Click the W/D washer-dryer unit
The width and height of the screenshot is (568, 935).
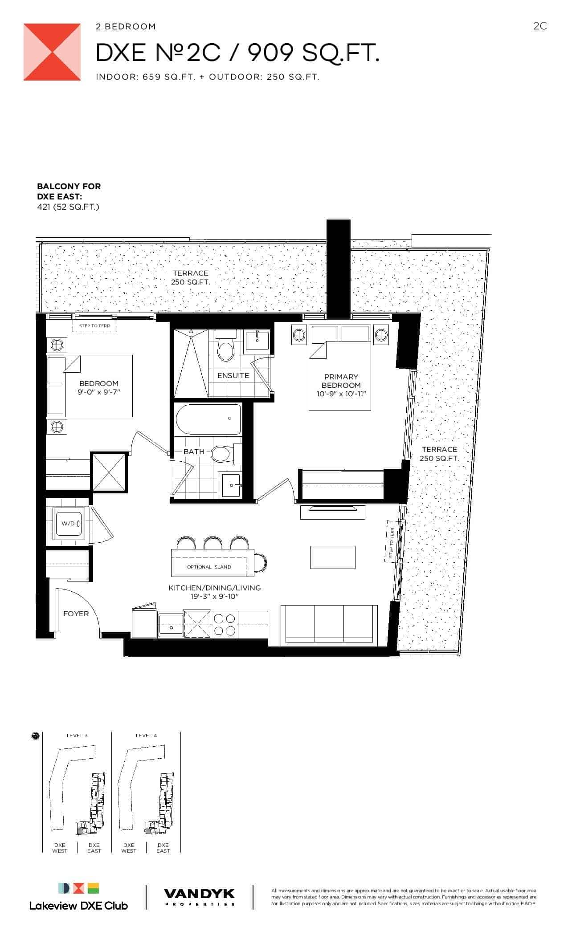tap(68, 524)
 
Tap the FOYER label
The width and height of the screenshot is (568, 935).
tap(76, 614)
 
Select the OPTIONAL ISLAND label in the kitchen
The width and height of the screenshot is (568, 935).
tap(209, 567)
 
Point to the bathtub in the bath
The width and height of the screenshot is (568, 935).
tap(208, 419)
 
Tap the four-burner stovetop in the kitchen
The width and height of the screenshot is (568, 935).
tap(225, 625)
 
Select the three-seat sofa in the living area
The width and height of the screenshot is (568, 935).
tap(329, 624)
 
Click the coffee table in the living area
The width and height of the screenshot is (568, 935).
tap(333, 557)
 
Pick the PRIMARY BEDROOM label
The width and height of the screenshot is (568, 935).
tap(341, 381)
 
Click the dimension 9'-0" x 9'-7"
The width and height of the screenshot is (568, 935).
tap(99, 392)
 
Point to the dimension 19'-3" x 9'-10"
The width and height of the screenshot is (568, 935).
tap(214, 596)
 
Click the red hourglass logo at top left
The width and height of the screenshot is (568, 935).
tap(52, 53)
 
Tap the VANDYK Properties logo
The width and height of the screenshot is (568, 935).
tap(199, 896)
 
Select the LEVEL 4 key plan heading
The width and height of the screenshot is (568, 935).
tap(146, 736)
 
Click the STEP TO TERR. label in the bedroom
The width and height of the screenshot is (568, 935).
tap(94, 326)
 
